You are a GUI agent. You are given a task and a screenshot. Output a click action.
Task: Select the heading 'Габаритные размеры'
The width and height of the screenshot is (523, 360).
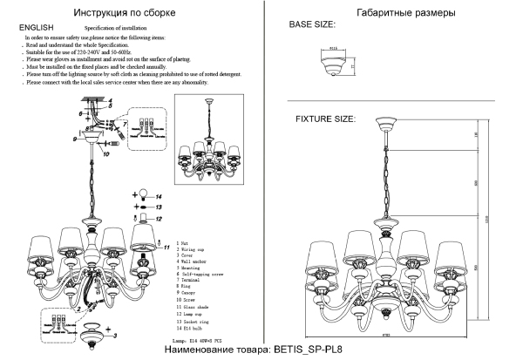[393, 13]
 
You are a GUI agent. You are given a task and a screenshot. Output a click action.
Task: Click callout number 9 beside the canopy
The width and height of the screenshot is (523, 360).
[77, 139]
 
